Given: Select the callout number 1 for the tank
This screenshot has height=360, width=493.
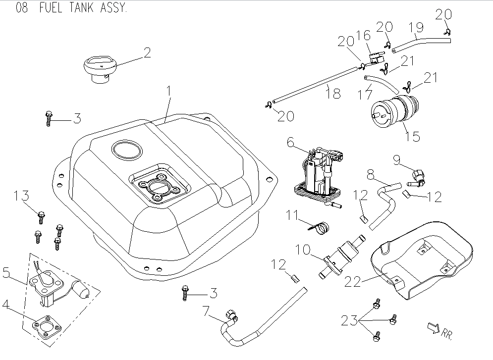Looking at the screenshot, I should coord(168,91).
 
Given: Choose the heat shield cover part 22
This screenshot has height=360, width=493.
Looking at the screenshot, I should coord(421,257).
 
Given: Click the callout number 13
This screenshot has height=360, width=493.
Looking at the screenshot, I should coord(21,196).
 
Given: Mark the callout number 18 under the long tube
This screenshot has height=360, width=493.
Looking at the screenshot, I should coord(334,93).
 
